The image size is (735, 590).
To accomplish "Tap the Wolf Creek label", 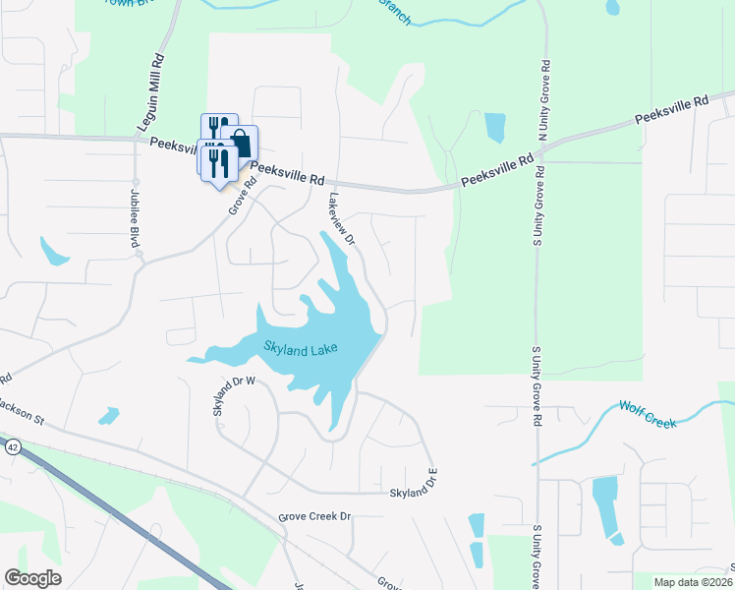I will click(x=649, y=414).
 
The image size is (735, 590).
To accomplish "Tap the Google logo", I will click(x=32, y=578).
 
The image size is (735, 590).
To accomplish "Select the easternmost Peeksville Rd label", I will click(x=671, y=109).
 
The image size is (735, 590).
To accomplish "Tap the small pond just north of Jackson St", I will click(x=108, y=416).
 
